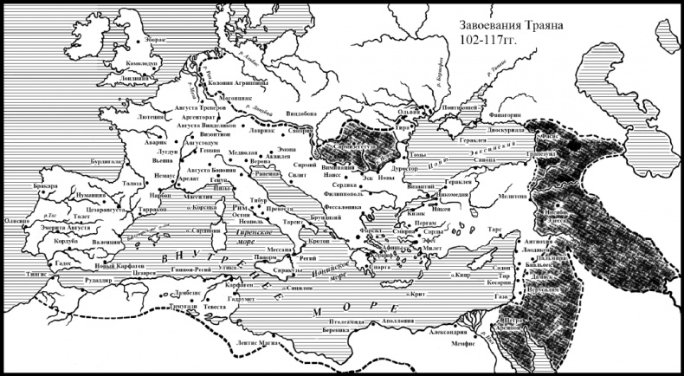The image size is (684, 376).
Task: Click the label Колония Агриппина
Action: [x=235, y=82]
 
